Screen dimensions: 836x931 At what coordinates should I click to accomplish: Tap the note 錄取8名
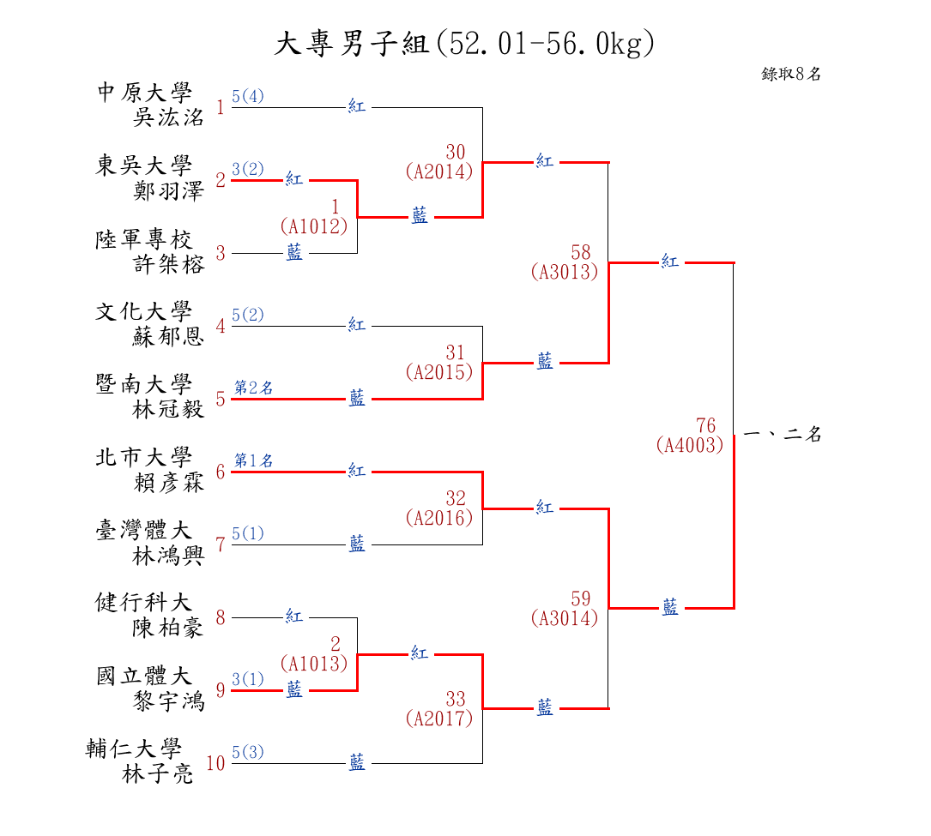pos(791,74)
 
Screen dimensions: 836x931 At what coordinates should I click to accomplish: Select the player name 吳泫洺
pos(168,117)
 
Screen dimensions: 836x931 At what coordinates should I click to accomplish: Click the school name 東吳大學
pos(143,165)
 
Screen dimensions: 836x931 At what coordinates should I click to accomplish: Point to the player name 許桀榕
pos(168,264)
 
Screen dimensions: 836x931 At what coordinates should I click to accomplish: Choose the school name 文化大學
pos(143,311)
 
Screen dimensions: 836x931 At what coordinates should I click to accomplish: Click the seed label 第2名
pos(254,388)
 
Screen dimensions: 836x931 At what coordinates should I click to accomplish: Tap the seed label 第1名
pos(254,460)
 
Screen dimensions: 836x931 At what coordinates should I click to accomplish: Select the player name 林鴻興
pos(168,556)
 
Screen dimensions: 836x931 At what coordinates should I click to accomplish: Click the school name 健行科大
pos(143,603)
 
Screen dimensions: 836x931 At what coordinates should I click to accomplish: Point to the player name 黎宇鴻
pos(168,701)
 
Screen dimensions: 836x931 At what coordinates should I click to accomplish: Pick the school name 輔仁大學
pos(134,749)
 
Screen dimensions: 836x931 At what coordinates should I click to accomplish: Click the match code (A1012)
pos(314,226)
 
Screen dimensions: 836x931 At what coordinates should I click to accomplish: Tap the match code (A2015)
pos(439,372)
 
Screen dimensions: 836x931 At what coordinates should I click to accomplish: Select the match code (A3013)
pos(565,272)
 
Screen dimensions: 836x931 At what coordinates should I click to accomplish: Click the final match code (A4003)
pos(690,445)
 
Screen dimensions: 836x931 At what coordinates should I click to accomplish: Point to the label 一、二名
pos(783,435)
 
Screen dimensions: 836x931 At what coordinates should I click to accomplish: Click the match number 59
pos(581,598)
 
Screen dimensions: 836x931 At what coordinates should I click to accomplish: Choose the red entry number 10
pos(215,763)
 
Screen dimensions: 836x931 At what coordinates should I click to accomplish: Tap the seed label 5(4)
pos(248,96)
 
